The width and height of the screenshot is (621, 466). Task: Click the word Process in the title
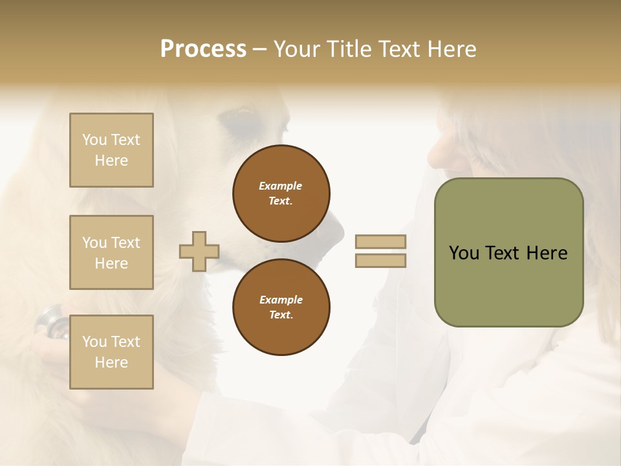click(x=203, y=49)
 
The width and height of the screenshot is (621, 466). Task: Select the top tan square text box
click(x=111, y=150)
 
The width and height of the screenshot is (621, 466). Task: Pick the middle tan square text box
click(x=111, y=252)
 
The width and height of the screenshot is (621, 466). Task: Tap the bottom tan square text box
click(x=111, y=352)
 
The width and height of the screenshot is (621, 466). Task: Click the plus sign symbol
click(x=199, y=251)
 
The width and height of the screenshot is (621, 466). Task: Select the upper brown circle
click(x=281, y=194)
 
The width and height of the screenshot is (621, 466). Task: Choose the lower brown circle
click(x=281, y=307)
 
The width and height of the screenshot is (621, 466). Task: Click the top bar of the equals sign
click(x=381, y=241)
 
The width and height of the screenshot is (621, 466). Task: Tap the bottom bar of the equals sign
click(x=381, y=260)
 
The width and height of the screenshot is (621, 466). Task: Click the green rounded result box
click(x=508, y=252)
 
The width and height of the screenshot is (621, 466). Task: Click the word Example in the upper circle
click(x=281, y=186)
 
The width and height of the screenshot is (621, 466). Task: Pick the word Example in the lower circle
click(x=281, y=300)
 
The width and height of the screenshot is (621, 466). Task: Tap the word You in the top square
click(x=94, y=140)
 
